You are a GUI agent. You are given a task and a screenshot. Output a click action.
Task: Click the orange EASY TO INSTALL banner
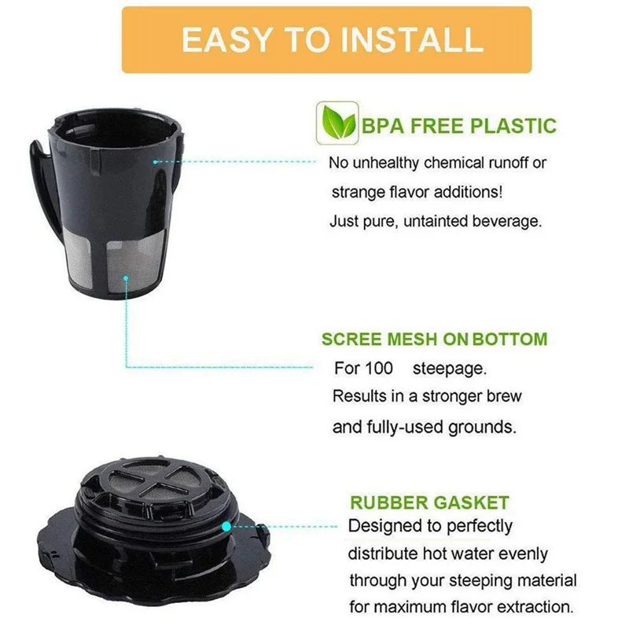[326, 40]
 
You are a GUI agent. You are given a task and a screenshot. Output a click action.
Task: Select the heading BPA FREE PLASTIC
[459, 126]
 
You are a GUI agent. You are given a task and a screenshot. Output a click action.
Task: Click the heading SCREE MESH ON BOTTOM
[434, 340]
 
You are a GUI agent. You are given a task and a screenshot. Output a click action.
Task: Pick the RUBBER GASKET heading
[429, 502]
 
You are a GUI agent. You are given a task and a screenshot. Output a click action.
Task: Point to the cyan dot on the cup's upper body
[156, 161]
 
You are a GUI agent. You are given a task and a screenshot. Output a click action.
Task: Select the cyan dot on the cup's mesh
[127, 276]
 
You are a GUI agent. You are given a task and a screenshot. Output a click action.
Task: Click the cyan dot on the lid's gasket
[226, 525]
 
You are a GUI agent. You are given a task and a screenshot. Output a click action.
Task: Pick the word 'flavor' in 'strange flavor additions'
[408, 192]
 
